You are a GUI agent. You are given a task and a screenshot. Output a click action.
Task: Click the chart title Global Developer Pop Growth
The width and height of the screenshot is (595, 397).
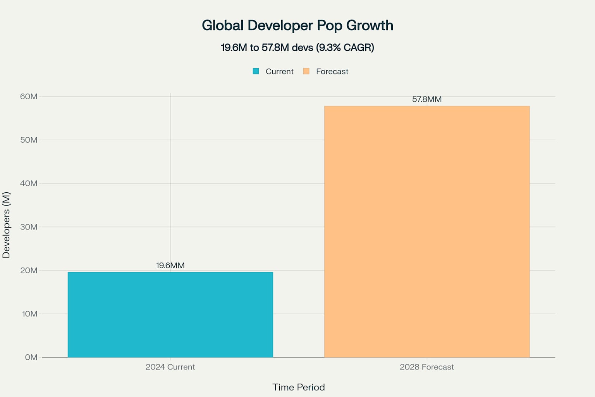point(297,26)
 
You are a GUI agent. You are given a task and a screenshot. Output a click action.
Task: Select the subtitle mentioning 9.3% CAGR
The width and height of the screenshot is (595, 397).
point(297,48)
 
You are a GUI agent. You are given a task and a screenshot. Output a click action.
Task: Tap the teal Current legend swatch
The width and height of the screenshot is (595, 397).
point(256,71)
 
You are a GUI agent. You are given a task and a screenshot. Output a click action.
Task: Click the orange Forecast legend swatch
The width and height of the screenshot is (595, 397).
point(306,71)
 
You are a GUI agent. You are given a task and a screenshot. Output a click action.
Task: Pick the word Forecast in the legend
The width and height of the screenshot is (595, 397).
point(332,71)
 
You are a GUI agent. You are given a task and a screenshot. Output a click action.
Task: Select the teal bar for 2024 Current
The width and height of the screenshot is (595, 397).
point(170,314)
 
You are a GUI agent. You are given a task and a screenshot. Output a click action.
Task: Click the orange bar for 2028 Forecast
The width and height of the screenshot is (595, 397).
point(426,231)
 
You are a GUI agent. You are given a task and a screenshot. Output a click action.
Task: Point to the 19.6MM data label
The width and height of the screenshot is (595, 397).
point(170,266)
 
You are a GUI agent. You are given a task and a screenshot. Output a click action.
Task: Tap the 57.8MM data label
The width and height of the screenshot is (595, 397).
point(426,99)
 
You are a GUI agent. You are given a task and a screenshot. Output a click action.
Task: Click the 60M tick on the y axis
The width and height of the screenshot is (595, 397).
point(29,97)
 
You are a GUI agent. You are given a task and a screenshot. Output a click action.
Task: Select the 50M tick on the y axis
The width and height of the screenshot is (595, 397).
point(29,140)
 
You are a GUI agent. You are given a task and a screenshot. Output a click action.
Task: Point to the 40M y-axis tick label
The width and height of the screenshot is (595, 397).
point(29,183)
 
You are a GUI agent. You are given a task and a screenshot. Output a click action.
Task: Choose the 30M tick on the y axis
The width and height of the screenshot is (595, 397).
point(29,227)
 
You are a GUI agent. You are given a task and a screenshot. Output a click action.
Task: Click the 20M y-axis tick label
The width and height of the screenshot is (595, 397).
point(29,270)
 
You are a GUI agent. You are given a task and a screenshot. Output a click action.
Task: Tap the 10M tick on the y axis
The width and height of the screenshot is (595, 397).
point(29,314)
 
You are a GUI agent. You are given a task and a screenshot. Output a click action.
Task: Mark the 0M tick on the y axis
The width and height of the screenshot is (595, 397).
point(31,357)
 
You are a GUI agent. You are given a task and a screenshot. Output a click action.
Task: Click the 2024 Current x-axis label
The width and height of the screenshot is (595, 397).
point(170,367)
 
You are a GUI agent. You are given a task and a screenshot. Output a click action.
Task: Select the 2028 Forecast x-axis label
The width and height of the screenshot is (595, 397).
point(426,367)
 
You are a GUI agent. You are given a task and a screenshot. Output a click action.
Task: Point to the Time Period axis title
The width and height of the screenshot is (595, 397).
point(298,387)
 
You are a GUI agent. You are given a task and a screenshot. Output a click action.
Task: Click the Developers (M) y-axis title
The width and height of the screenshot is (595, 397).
point(6,225)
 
